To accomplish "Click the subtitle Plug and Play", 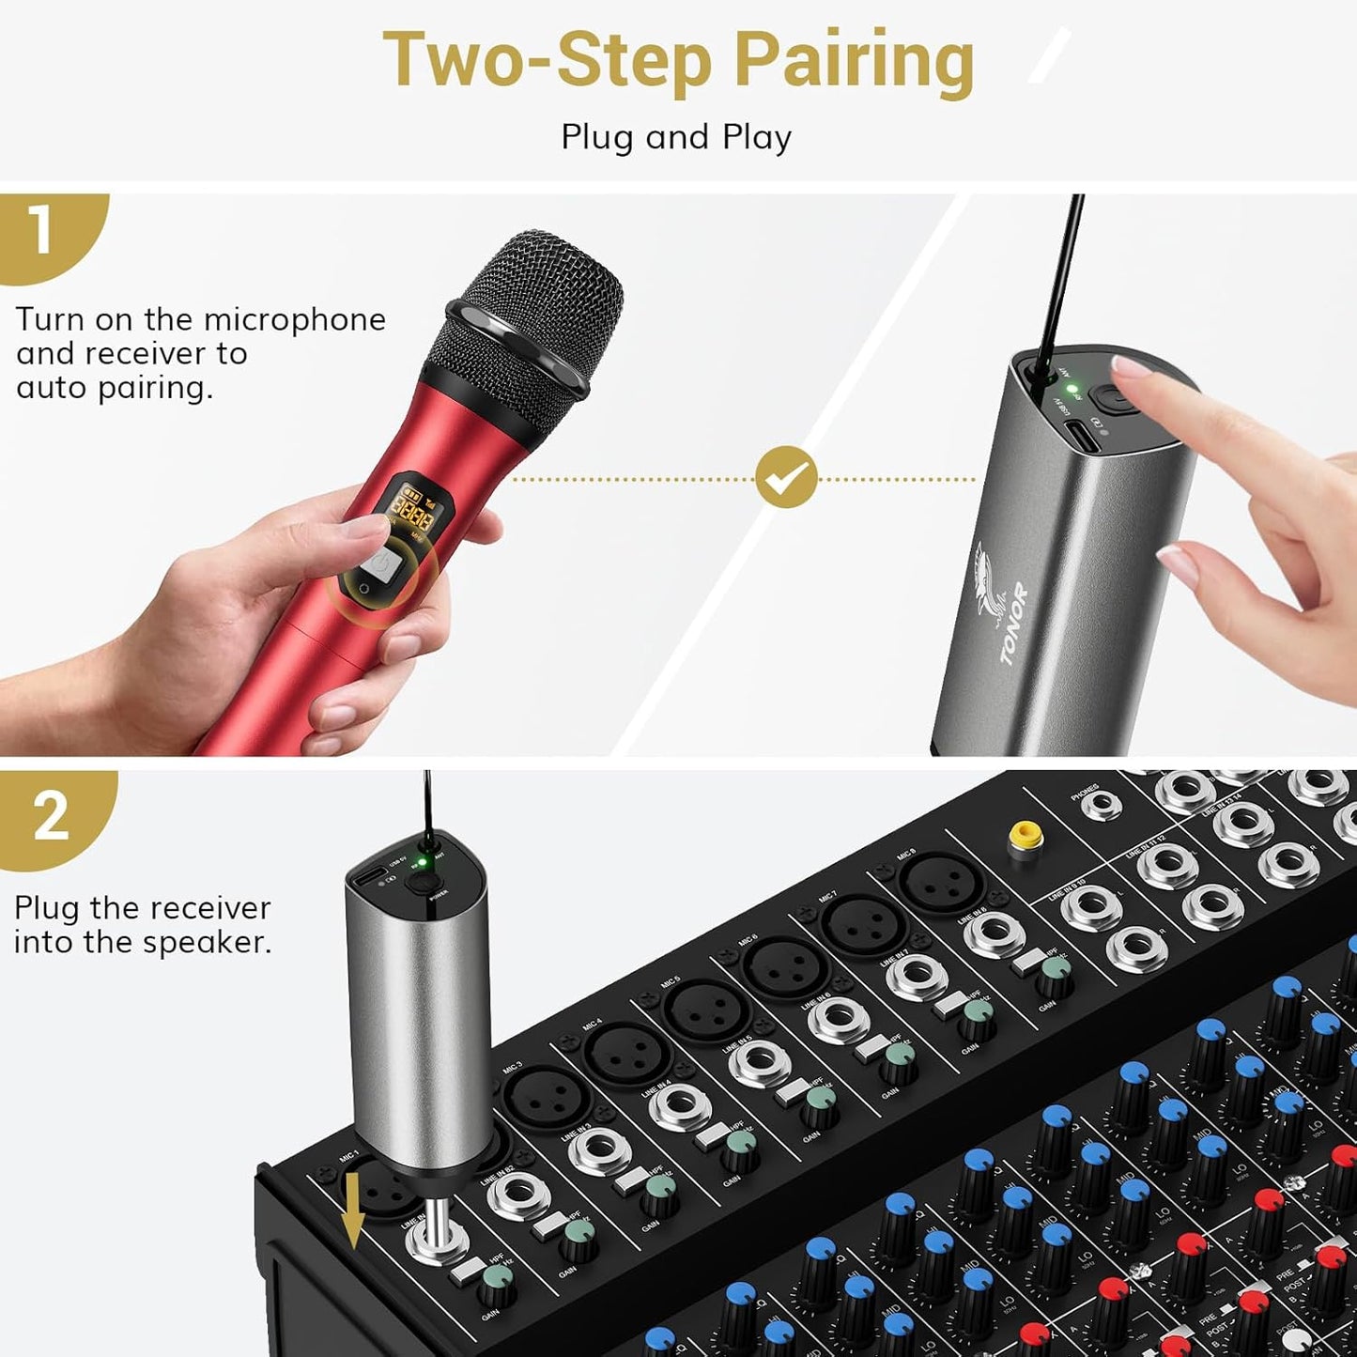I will (676, 137).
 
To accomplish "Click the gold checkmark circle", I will (786, 478).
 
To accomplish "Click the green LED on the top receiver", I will (1072, 388).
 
